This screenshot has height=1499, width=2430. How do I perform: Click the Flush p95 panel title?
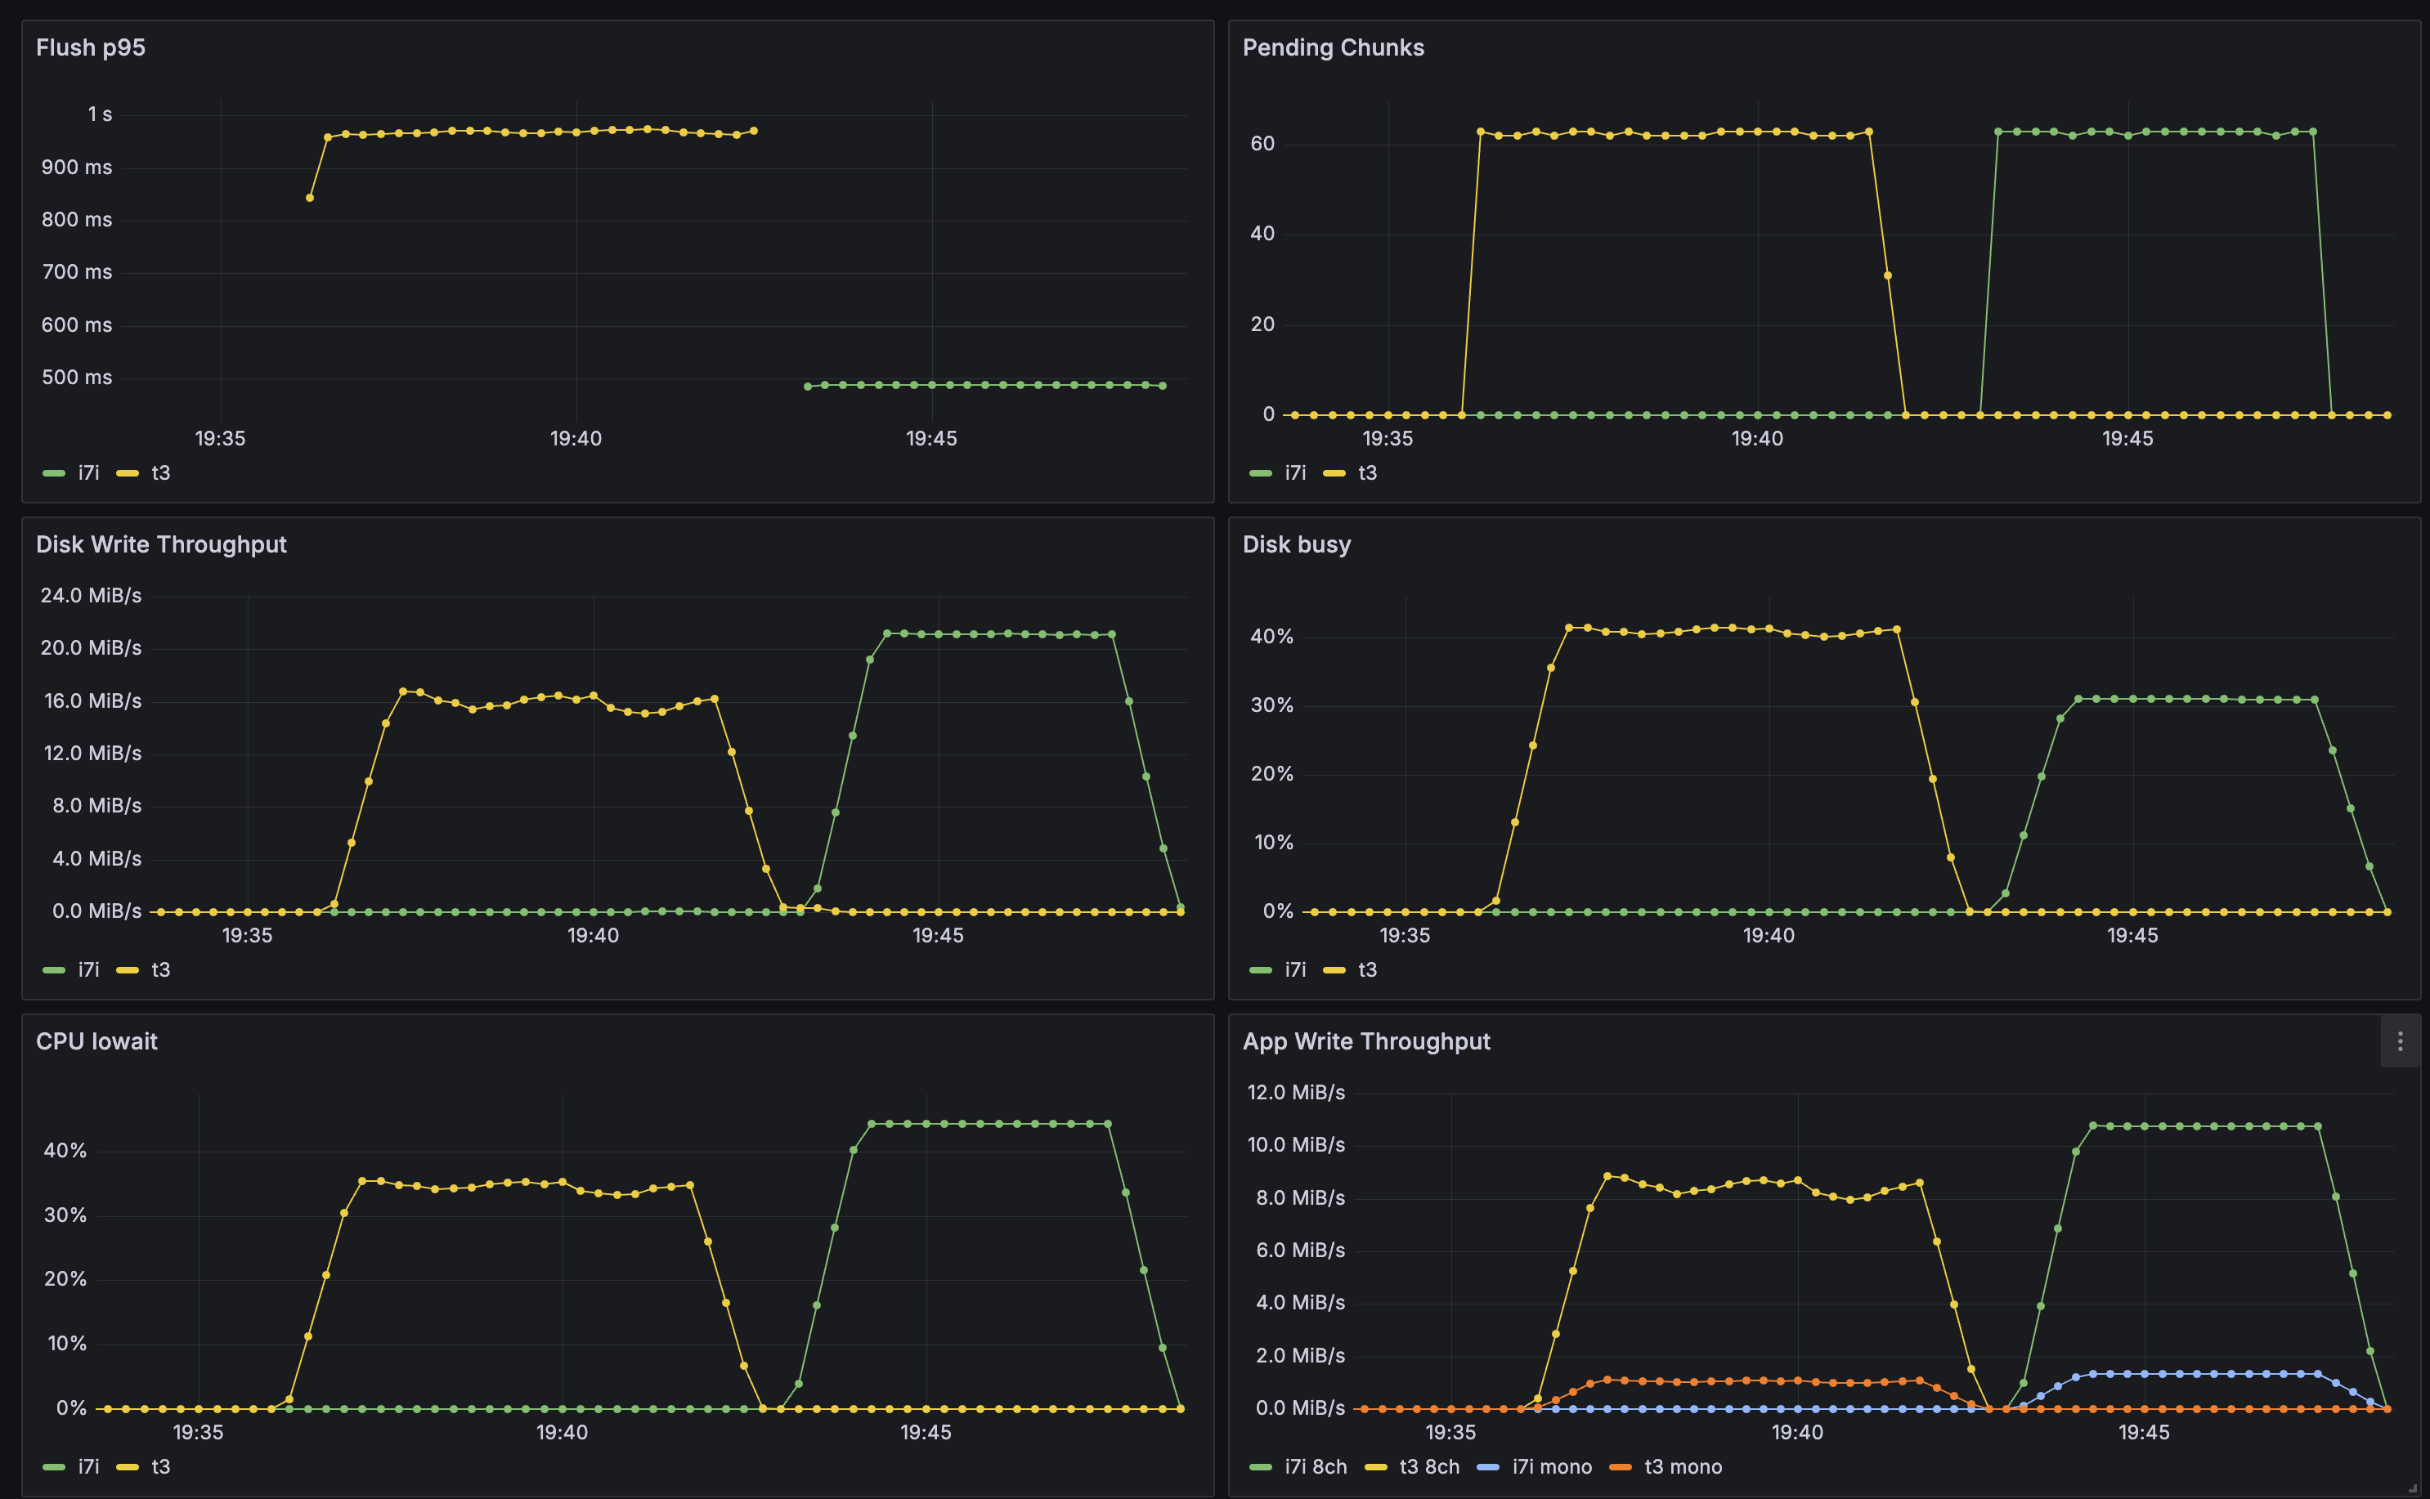pyautogui.click(x=90, y=47)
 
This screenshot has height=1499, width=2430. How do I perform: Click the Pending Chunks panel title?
pyautogui.click(x=1333, y=47)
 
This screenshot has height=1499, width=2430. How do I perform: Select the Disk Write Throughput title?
pyautogui.click(x=160, y=544)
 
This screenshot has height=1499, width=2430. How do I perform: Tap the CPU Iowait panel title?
pyautogui.click(x=96, y=1041)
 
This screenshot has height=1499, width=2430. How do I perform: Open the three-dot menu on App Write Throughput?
pyautogui.click(x=2399, y=1041)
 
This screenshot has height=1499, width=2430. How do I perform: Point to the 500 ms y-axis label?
pyautogui.click(x=76, y=378)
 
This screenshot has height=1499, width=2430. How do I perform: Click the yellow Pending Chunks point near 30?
pyautogui.click(x=1887, y=275)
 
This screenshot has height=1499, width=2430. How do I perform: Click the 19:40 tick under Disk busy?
pyautogui.click(x=1768, y=935)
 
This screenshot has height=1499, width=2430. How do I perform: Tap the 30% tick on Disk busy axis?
pyautogui.click(x=1271, y=705)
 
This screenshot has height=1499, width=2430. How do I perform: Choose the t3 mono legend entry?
pyautogui.click(x=1682, y=1466)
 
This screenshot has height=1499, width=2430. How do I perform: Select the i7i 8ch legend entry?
pyautogui.click(x=1315, y=1466)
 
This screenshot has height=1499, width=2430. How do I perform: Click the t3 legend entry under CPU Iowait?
pyautogui.click(x=159, y=1466)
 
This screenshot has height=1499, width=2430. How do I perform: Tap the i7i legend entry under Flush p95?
pyautogui.click(x=88, y=473)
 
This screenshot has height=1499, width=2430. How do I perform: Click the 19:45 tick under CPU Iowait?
pyautogui.click(x=925, y=1432)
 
